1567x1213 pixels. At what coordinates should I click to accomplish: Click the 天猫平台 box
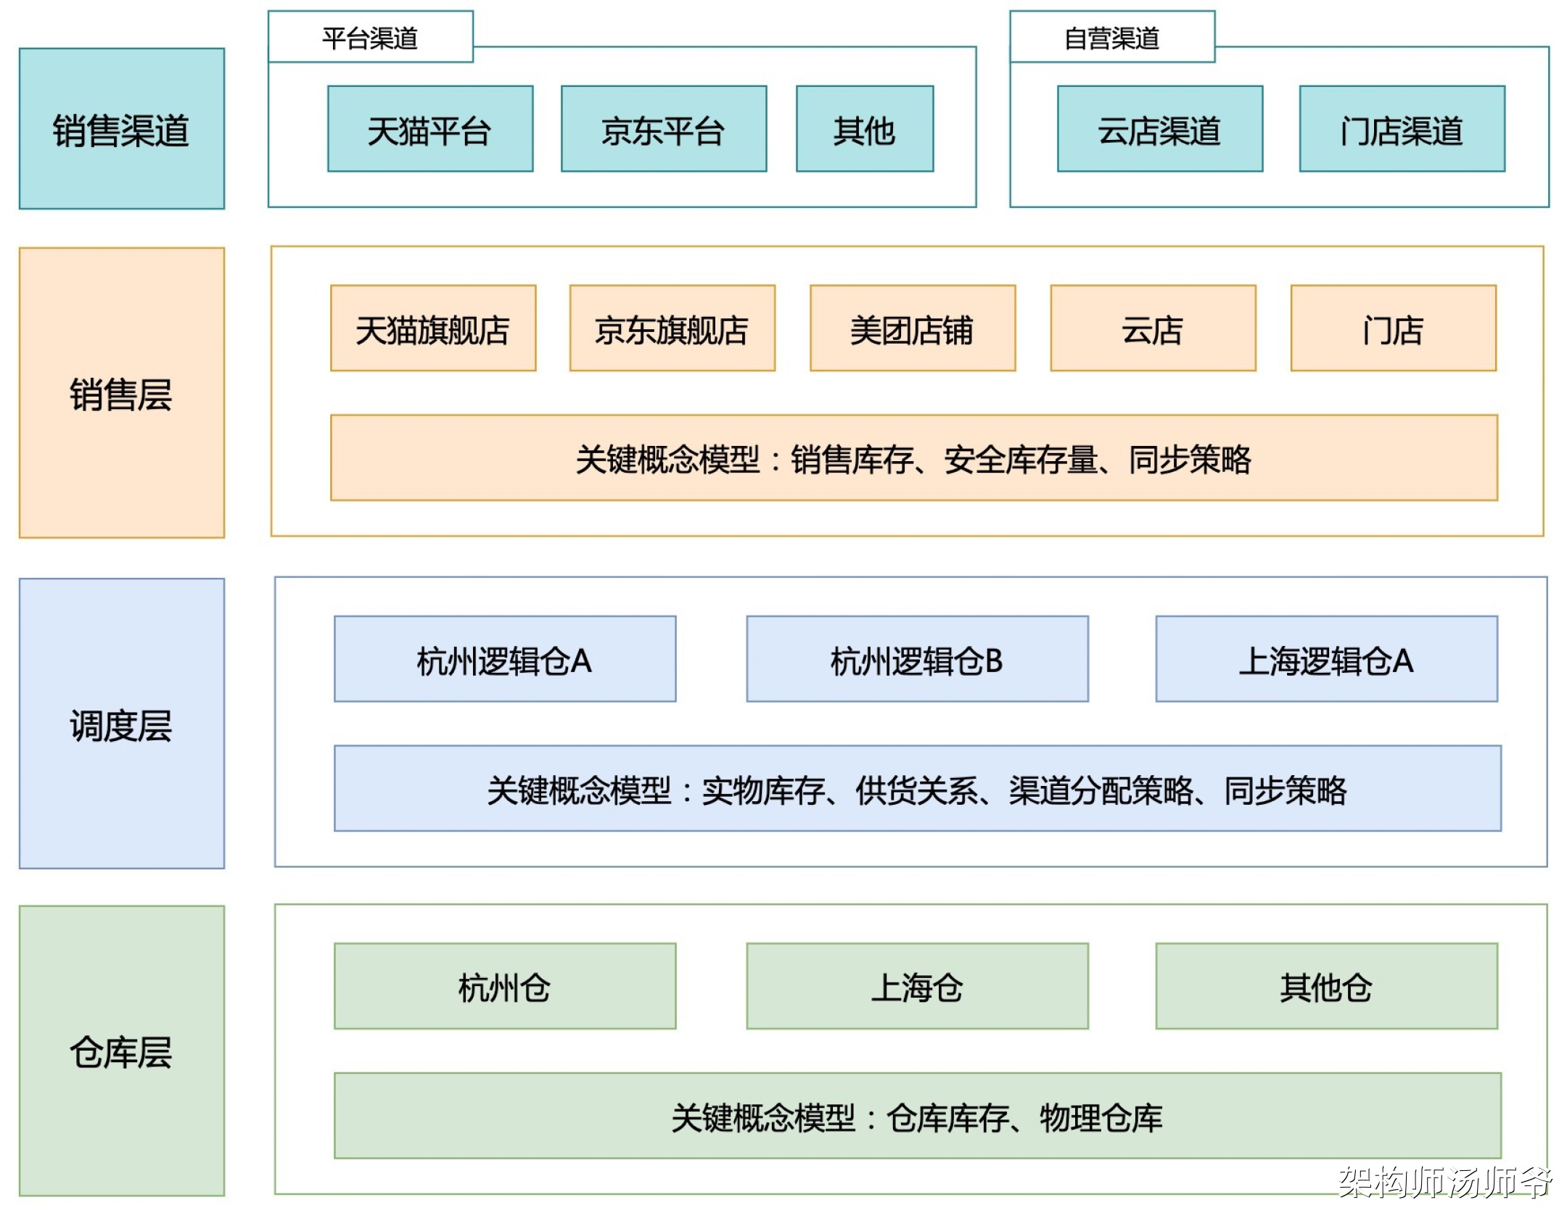[430, 129]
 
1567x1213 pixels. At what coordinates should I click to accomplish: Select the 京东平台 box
[664, 129]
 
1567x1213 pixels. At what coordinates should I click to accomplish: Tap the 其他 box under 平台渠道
[865, 129]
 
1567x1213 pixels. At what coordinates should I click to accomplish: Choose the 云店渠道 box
[1160, 129]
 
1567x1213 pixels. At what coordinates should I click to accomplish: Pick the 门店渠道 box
[1402, 129]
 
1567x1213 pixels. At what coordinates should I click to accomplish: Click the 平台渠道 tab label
[370, 38]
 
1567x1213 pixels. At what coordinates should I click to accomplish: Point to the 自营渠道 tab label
[1112, 38]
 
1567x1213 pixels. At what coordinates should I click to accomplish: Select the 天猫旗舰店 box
[433, 328]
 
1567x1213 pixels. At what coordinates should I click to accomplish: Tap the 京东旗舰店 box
[673, 328]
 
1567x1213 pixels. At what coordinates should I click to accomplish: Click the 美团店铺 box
[913, 328]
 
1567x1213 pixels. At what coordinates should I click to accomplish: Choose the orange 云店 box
[1153, 328]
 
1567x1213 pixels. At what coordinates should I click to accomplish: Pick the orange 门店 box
[1394, 328]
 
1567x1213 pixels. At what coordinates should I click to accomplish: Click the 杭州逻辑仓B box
[918, 659]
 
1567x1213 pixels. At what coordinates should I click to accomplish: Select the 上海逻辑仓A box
[1327, 659]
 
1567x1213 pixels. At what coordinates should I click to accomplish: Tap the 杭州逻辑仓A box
[505, 659]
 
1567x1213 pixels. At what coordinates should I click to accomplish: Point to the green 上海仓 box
[918, 986]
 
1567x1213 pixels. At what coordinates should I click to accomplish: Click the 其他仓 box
[1327, 986]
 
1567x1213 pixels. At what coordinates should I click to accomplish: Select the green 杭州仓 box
[505, 986]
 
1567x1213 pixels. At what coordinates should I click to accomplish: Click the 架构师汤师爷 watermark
[1445, 1182]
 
